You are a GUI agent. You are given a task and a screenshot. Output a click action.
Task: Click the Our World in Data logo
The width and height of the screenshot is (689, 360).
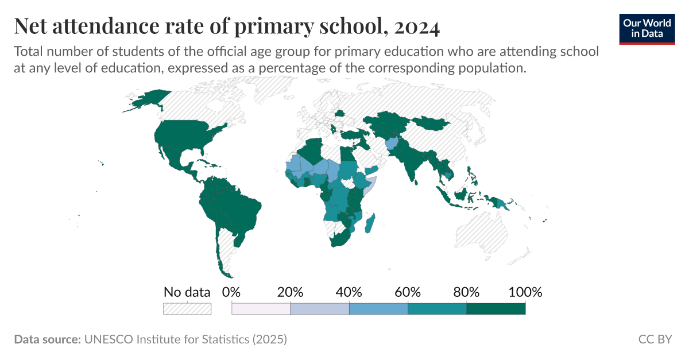click(647, 28)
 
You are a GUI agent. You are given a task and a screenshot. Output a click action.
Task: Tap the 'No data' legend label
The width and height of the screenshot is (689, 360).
click(187, 292)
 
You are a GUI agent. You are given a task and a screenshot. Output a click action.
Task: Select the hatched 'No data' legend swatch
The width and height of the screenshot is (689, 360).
click(187, 309)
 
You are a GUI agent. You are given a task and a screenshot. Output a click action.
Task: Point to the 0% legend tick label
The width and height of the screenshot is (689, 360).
click(231, 292)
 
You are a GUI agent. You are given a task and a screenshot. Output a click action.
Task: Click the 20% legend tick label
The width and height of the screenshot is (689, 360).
click(290, 292)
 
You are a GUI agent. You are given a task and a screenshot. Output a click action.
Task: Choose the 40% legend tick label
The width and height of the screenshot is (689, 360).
click(349, 292)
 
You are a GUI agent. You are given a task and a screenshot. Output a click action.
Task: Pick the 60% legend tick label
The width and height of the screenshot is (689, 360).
click(408, 292)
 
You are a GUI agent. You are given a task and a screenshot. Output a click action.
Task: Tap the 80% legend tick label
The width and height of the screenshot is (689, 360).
click(466, 292)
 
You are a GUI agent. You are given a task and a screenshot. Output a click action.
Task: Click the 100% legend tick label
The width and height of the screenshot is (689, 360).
click(525, 292)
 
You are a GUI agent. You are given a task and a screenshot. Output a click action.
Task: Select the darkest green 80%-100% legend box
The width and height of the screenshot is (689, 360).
click(496, 309)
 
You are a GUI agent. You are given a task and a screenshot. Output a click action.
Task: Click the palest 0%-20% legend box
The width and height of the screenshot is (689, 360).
click(261, 309)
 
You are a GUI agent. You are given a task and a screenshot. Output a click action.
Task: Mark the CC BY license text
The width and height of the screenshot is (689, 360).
click(655, 339)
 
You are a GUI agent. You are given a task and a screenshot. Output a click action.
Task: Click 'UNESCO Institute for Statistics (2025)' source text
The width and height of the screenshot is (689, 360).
click(185, 339)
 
